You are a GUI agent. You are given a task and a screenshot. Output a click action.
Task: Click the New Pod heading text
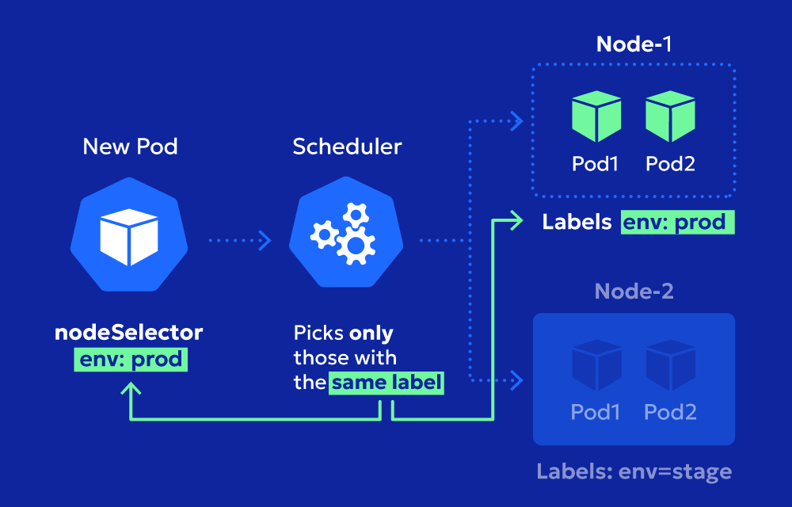click(x=130, y=147)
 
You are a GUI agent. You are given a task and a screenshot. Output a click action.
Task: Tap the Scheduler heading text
click(x=347, y=147)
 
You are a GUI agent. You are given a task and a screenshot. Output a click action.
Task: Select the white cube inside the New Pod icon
click(x=129, y=237)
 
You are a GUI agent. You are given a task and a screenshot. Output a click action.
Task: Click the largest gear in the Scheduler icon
click(x=356, y=246)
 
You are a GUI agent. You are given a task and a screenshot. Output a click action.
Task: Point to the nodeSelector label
click(x=129, y=332)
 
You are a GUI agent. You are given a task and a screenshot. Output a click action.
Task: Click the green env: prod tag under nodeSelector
click(x=131, y=360)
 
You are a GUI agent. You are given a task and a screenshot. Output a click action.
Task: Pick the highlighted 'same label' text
click(x=386, y=383)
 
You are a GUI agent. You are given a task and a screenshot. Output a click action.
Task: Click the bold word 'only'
click(x=371, y=334)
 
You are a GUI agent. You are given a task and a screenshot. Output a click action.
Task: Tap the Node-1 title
click(x=634, y=44)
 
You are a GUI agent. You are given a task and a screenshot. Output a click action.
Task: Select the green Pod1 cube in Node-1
click(x=596, y=116)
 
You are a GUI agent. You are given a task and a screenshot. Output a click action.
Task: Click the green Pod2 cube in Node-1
click(x=670, y=116)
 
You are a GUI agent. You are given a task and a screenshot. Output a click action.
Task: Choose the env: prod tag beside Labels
click(x=677, y=222)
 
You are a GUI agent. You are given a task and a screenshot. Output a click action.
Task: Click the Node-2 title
click(x=634, y=292)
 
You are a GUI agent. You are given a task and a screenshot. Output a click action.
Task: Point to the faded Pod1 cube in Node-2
click(x=596, y=364)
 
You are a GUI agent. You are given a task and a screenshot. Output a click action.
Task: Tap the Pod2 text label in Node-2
click(x=670, y=413)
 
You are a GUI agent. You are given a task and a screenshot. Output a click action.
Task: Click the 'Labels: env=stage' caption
click(x=634, y=471)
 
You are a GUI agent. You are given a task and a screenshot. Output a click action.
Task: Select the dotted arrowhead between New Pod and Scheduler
click(x=265, y=240)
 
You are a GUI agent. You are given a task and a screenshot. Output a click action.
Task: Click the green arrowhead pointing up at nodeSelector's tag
click(x=131, y=388)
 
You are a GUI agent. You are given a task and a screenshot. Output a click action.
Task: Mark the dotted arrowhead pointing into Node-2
click(x=516, y=380)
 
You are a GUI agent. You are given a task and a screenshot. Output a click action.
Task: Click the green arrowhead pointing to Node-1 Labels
click(x=516, y=220)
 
